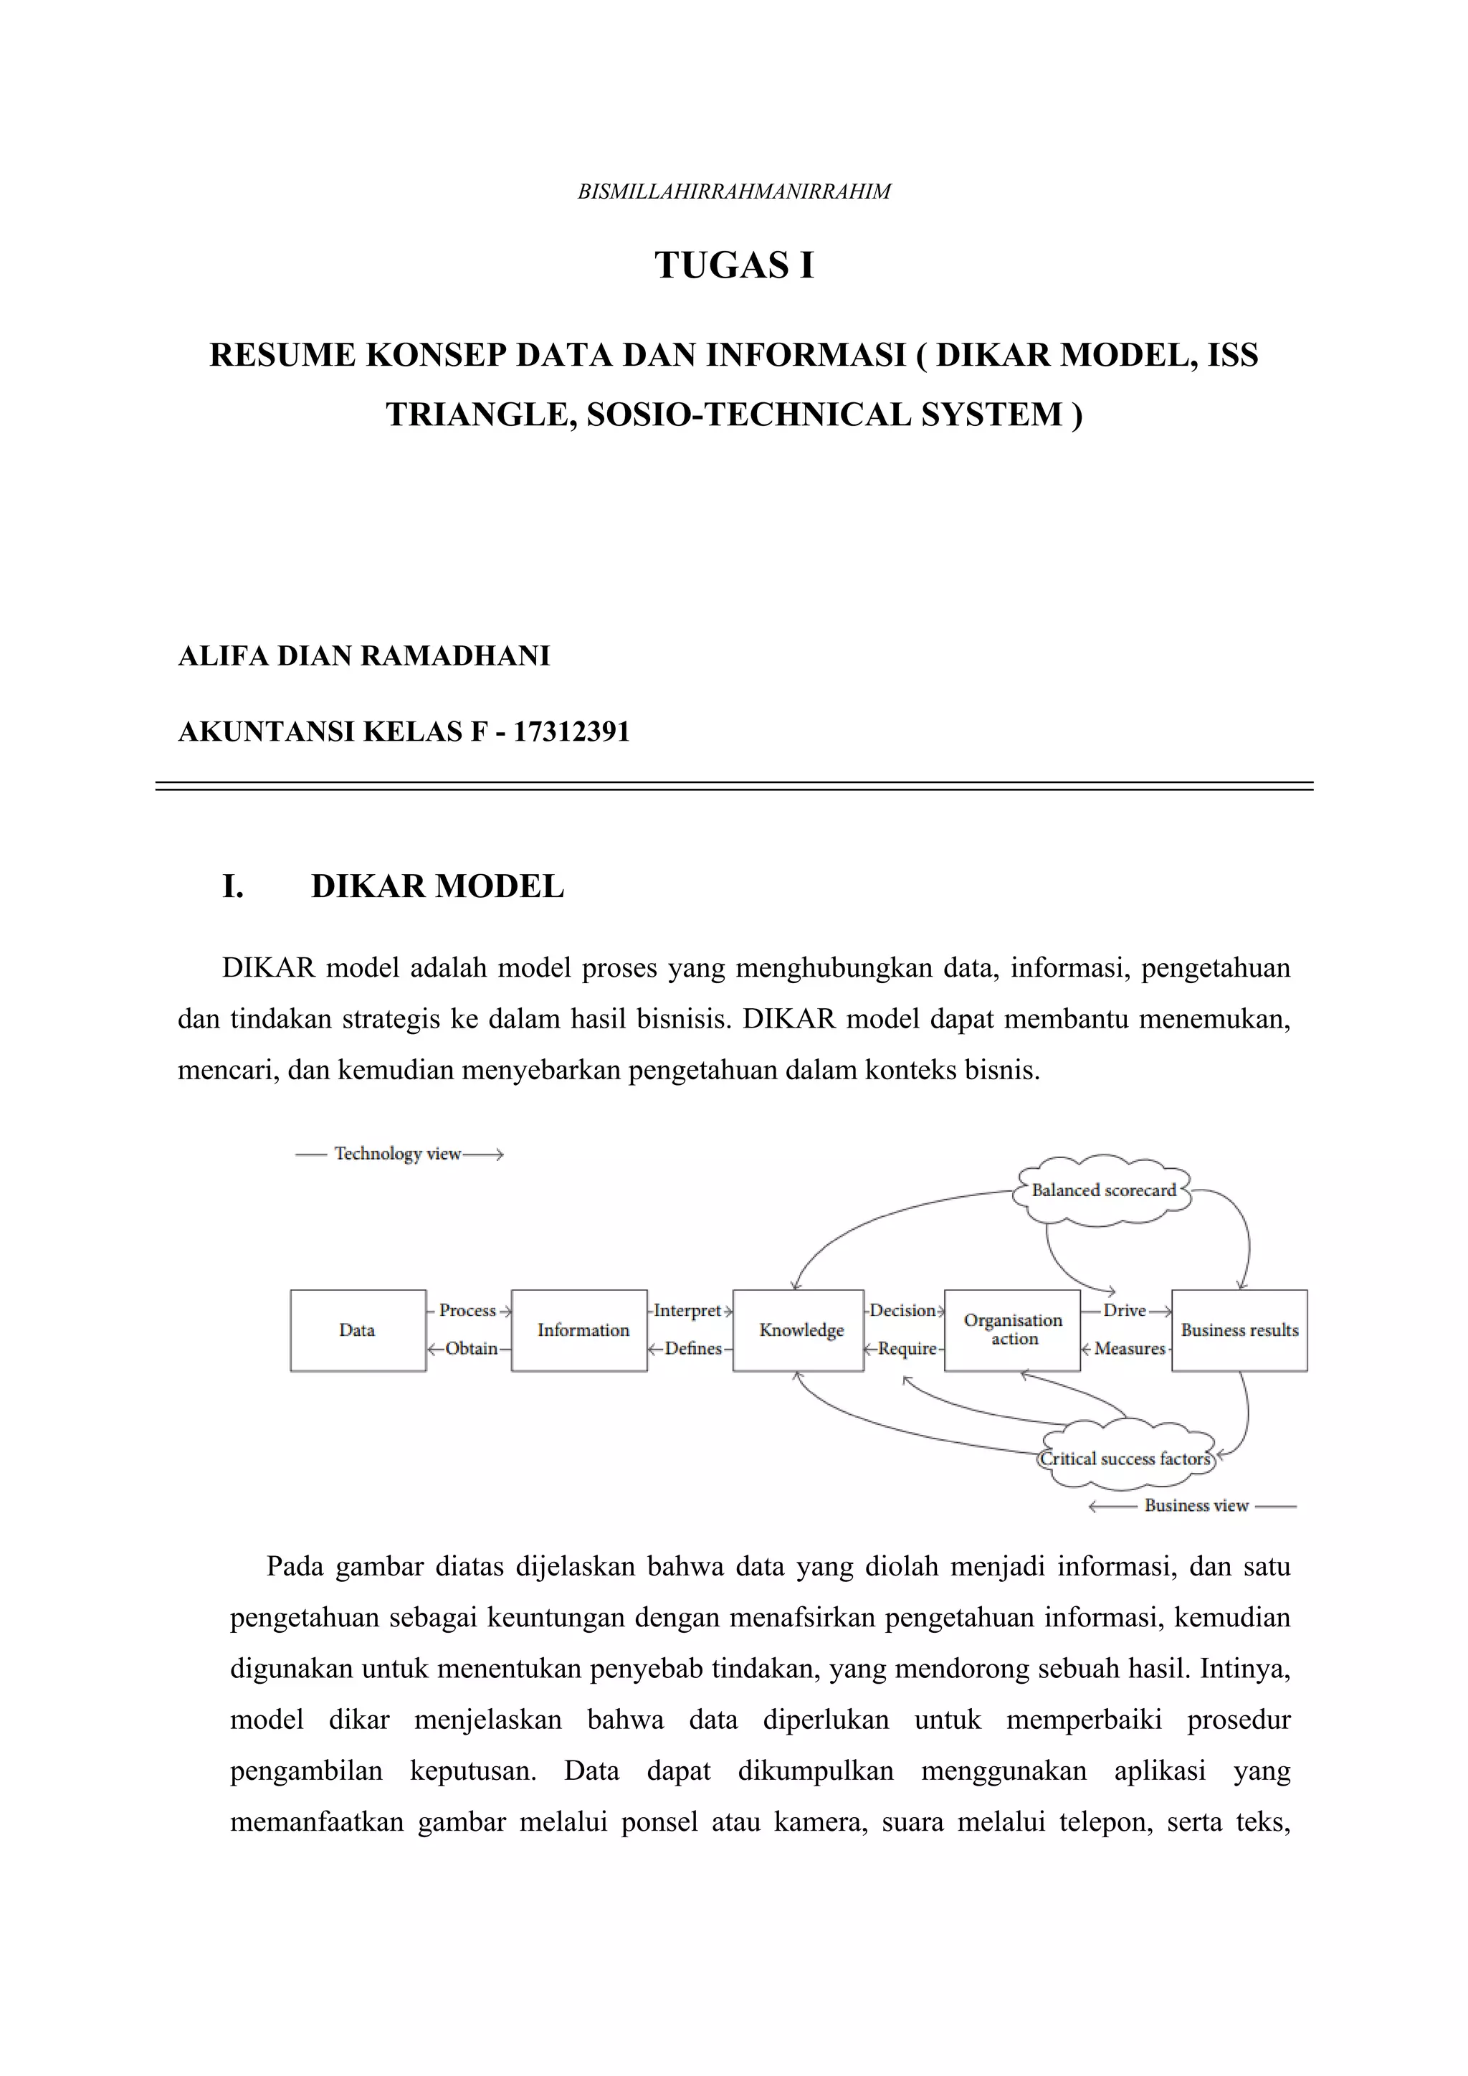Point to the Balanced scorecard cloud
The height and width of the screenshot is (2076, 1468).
coord(1104,1191)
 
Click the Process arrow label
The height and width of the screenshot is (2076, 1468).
coord(467,1310)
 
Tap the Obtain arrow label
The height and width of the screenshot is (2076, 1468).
coord(471,1348)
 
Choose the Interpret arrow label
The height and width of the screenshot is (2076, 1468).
coord(687,1310)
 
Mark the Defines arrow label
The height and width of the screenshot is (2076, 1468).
coord(692,1348)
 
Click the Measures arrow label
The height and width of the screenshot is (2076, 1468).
coord(1129,1348)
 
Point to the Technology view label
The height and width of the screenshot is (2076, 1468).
coord(398,1154)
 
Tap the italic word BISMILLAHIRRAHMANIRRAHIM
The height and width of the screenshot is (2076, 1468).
coord(734,191)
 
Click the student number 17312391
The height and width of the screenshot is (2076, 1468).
coord(571,731)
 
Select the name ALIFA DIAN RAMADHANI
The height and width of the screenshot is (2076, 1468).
coord(364,655)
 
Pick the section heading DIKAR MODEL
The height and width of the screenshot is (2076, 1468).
coord(437,886)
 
